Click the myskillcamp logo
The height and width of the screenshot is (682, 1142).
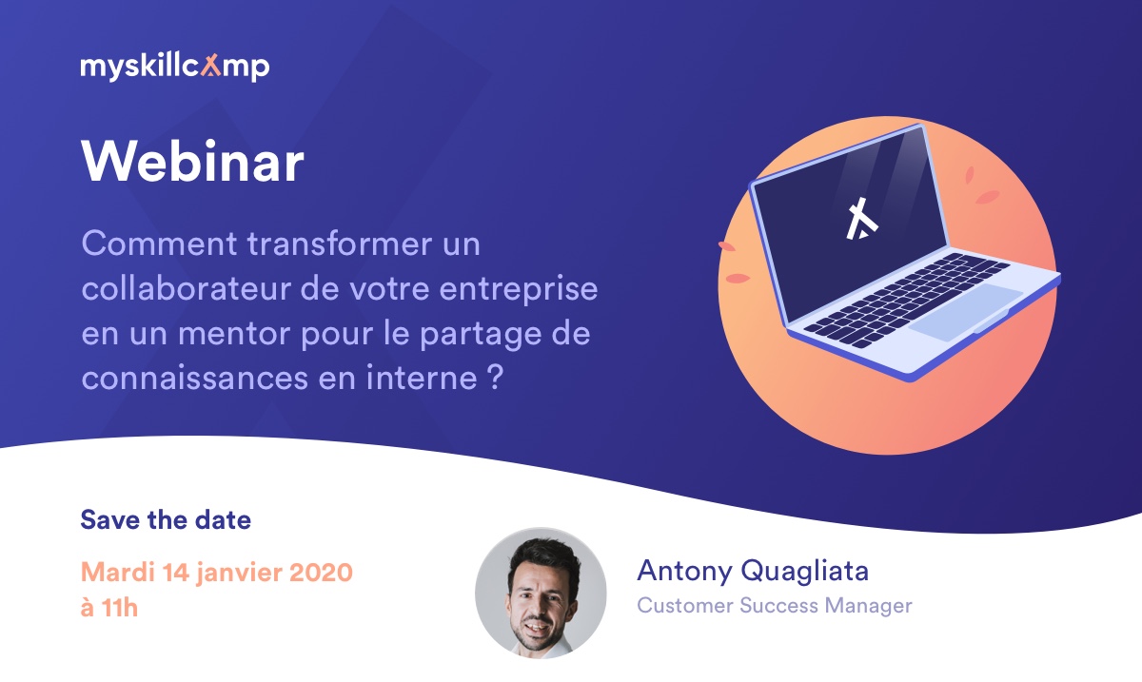(175, 67)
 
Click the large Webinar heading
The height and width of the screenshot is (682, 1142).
(192, 162)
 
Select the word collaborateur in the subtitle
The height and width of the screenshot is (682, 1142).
(187, 288)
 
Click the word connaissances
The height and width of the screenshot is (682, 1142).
(195, 379)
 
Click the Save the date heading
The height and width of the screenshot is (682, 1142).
(166, 520)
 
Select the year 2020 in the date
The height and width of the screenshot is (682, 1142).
(322, 572)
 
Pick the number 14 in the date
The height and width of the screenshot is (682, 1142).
(175, 572)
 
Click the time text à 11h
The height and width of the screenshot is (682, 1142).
(109, 608)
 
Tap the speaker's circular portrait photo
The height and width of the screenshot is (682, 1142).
(541, 593)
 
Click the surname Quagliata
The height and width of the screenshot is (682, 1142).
(804, 571)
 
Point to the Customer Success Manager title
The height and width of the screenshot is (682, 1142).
(775, 606)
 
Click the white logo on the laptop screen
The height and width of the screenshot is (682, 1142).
(860, 219)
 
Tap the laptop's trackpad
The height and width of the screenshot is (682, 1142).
(965, 312)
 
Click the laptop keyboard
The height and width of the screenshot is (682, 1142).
(905, 301)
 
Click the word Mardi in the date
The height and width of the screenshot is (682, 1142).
(117, 572)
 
